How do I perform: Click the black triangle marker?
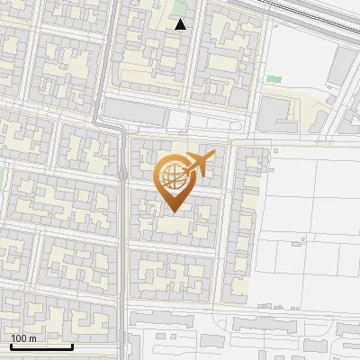(181, 24)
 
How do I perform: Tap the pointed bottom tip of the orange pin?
(173, 211)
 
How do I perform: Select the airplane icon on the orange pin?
(197, 165)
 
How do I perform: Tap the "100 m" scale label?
(24, 338)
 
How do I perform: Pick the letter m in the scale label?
(32, 338)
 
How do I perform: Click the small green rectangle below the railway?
(274, 79)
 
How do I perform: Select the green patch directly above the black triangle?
(180, 9)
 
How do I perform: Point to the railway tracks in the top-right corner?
(315, 11)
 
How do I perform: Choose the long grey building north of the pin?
(135, 111)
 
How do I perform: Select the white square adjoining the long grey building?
(178, 121)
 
